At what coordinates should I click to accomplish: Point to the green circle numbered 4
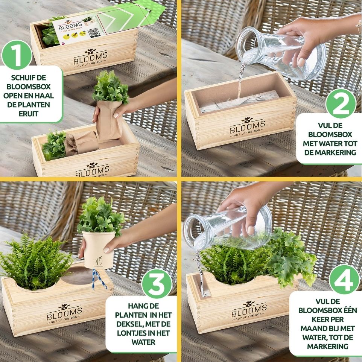click(x=344, y=280)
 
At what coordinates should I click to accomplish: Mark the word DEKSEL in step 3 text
click(x=127, y=324)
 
